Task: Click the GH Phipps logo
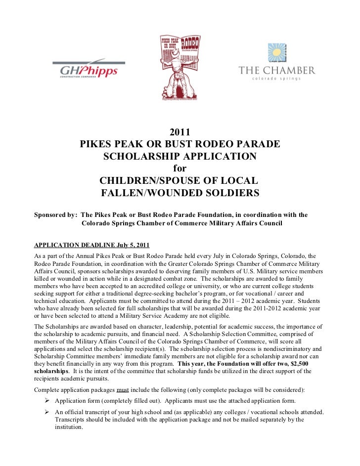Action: point(89,71)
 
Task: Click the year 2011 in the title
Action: point(180,133)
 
